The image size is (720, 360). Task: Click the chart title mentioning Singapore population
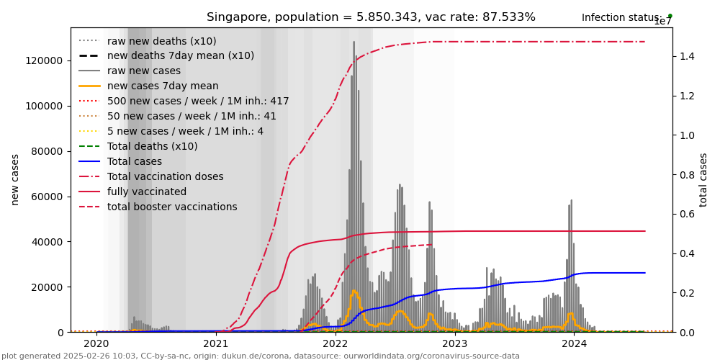(x=371, y=17)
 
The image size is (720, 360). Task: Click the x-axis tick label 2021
(x=216, y=343)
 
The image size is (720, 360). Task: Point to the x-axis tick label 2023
(x=454, y=343)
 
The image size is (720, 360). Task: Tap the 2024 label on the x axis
(x=574, y=343)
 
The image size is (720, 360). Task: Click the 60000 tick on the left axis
(x=48, y=197)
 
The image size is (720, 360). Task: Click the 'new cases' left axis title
(x=15, y=179)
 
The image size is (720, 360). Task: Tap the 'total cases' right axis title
(x=704, y=179)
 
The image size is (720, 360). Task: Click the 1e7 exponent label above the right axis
(x=662, y=22)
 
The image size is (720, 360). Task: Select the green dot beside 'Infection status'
(x=670, y=16)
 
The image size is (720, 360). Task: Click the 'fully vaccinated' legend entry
(x=147, y=192)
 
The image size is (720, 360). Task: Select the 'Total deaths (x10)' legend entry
(x=152, y=146)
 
